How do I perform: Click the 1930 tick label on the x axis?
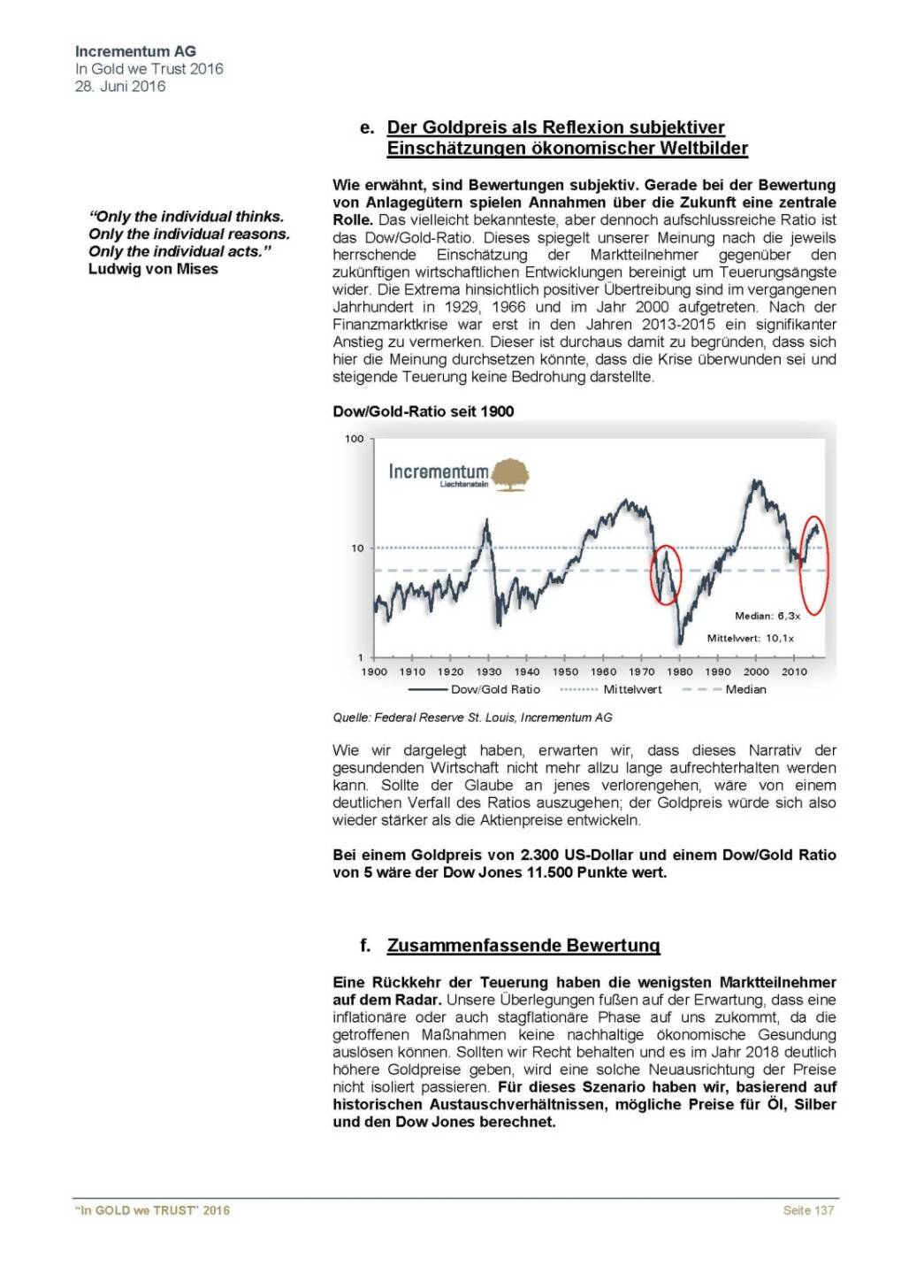(x=488, y=672)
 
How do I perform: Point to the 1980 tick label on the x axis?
(x=679, y=672)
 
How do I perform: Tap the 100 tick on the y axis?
(x=354, y=439)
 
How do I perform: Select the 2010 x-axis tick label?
(x=794, y=672)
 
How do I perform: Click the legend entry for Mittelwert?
(x=632, y=690)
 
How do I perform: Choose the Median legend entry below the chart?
(x=745, y=690)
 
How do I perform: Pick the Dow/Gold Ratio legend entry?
(x=495, y=690)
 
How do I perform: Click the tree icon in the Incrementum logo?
(x=510, y=474)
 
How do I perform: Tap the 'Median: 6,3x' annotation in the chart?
(x=767, y=616)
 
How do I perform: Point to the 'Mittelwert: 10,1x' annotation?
(x=751, y=638)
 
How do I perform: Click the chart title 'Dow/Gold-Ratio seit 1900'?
(x=423, y=411)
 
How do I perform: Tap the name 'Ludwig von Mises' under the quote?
(x=153, y=269)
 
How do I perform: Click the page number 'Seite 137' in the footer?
(x=808, y=1210)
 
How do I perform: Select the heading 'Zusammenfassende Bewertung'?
(x=523, y=945)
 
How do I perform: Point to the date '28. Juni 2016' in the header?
(x=120, y=86)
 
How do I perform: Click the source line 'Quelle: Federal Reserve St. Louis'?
(x=472, y=718)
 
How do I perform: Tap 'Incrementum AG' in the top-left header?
(x=135, y=51)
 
